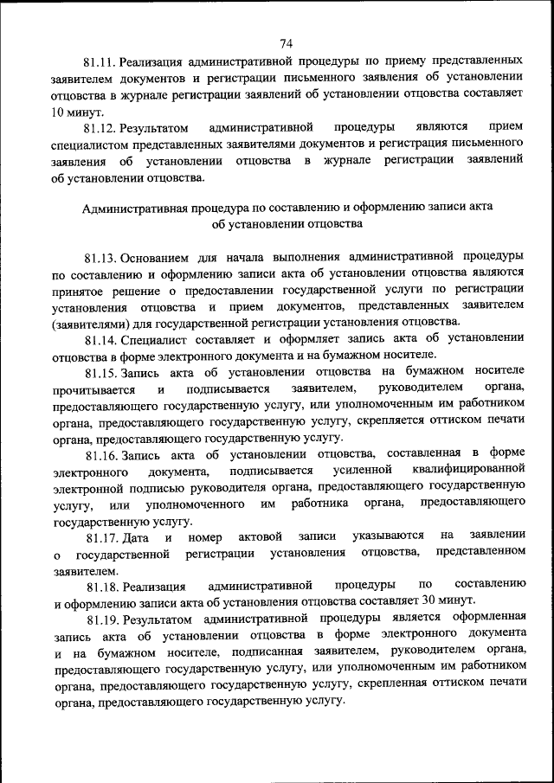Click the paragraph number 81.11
click(x=100, y=63)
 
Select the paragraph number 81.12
click(x=100, y=127)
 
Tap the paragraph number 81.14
click(x=100, y=339)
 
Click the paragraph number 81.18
click(x=100, y=586)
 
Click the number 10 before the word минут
click(x=61, y=112)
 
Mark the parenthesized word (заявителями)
click(x=89, y=323)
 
